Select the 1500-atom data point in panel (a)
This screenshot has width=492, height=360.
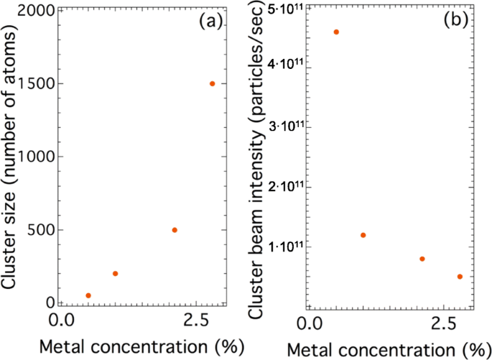(212, 83)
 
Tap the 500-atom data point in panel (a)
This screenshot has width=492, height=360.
(174, 230)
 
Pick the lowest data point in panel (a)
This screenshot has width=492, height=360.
(88, 295)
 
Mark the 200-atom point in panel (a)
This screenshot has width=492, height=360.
(115, 274)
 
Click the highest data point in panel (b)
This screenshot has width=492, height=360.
(336, 32)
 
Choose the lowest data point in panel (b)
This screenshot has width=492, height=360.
(460, 277)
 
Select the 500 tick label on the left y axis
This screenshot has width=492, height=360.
(40, 230)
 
